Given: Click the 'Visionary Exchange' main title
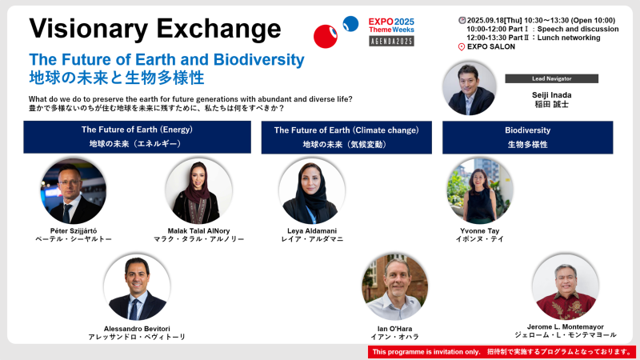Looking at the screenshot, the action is [154, 29].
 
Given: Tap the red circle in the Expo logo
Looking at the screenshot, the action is [326, 36].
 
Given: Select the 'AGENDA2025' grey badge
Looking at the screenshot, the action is [391, 42].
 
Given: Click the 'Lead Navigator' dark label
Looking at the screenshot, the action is [551, 78].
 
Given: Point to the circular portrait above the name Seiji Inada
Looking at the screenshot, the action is [470, 88].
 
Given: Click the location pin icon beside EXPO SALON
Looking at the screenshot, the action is [462, 47].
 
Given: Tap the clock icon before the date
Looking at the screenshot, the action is [462, 21].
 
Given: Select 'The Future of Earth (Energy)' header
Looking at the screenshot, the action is [137, 137].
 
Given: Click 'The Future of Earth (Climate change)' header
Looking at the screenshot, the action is [346, 137].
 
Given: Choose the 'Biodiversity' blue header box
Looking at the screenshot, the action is [528, 137].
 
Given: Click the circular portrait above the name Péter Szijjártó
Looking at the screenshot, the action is [74, 191].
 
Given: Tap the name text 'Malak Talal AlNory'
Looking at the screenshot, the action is [198, 230].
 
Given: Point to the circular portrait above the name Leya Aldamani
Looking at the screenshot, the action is [312, 191].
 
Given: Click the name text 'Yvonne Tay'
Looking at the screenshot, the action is [479, 230].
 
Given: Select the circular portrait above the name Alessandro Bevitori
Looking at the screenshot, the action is [137, 287].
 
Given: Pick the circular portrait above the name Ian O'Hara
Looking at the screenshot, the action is [394, 287].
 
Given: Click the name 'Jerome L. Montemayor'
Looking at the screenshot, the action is [566, 326].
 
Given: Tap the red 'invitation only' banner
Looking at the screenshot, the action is [502, 352].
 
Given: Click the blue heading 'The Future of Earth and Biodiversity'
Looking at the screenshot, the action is [166, 59].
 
